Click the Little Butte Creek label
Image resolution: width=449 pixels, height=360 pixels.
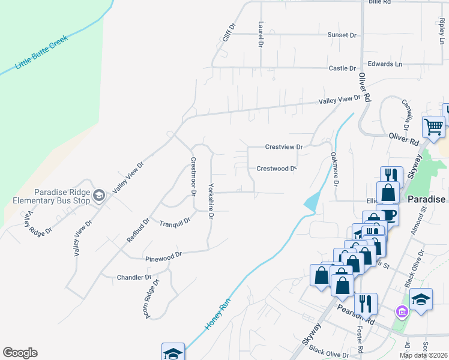click(x=42, y=52)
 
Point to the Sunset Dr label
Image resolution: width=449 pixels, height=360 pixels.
click(x=342, y=35)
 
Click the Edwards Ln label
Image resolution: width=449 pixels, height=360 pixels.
click(x=385, y=64)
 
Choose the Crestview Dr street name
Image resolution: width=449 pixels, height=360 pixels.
click(x=285, y=146)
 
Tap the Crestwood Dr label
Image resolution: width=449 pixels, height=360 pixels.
click(x=277, y=169)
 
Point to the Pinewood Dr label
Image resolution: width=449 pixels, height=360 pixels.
click(x=163, y=257)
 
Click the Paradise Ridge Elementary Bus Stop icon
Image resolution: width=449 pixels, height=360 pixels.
click(x=99, y=194)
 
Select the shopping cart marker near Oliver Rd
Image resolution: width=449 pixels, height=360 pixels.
click(x=433, y=127)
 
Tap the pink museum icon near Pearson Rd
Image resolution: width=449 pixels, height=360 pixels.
click(x=402, y=311)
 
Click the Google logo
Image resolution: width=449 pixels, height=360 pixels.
click(x=20, y=353)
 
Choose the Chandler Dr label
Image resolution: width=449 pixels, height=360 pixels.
click(x=134, y=277)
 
